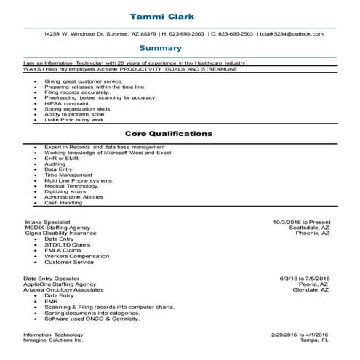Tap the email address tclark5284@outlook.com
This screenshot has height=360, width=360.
[x=292, y=33]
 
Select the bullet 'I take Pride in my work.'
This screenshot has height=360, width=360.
[x=75, y=119]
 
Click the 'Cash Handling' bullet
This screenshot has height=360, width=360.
[x=63, y=202]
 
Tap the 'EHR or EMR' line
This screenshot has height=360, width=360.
[x=61, y=159]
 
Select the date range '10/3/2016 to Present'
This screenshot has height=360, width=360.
[x=301, y=222]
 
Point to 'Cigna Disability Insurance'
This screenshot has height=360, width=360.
[x=60, y=233]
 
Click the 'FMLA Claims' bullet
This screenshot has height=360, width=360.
[x=64, y=250]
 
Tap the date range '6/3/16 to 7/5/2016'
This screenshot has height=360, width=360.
[x=305, y=279]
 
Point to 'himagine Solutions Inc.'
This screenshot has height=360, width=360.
[x=54, y=340]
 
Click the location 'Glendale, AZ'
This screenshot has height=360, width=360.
[x=311, y=290]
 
